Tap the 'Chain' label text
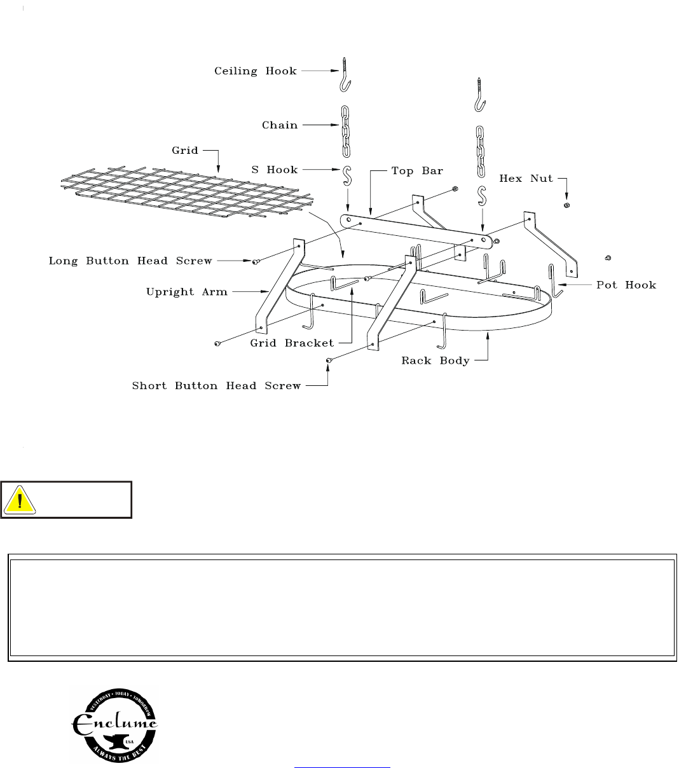(x=280, y=125)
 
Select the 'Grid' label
(x=185, y=151)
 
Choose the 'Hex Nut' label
(x=526, y=179)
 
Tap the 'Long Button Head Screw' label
(x=130, y=261)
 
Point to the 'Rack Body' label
(x=435, y=360)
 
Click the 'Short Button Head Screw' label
(x=216, y=385)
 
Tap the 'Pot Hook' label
(x=626, y=285)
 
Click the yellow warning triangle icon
(x=20, y=500)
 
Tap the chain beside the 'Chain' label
(x=346, y=132)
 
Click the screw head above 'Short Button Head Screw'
(x=329, y=360)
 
